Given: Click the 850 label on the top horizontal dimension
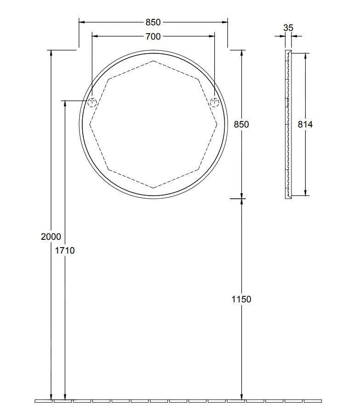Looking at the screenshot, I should pos(153,22).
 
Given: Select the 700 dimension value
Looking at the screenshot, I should pos(153,36).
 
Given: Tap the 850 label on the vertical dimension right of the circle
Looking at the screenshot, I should pos(241,124).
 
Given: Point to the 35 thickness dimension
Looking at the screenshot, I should pos(288,28).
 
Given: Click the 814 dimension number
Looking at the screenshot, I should pos(305,124).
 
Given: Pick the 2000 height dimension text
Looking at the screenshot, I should pos(51,237).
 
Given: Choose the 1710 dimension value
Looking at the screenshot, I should pos(65,250).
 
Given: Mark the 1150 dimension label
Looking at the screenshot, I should pos(241,299).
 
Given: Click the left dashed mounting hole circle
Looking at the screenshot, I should pos(92,103).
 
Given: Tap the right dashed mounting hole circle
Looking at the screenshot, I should pos(214,103).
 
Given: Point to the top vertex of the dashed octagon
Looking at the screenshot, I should pos(153,61).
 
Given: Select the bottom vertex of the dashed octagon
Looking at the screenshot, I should pos(153,188).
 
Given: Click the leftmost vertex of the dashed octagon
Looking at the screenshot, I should pos(90,124).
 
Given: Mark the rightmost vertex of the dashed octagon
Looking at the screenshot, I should pos(217,124).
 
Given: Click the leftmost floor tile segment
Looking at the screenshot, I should pos(44,401).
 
